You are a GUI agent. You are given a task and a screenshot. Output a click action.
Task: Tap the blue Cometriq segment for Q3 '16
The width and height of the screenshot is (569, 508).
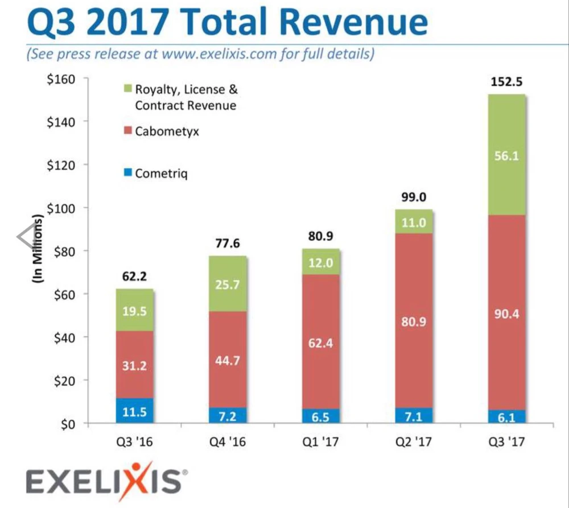pos(134,411)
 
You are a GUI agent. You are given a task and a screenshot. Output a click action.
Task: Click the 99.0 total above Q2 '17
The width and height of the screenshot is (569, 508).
pos(414,197)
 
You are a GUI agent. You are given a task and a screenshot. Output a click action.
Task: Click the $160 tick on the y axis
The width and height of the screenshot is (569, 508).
pos(60,79)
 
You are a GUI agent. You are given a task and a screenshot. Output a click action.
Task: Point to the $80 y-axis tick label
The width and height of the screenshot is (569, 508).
pos(63,251)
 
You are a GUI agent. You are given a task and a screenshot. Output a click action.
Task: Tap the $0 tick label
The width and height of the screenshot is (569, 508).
pos(67,424)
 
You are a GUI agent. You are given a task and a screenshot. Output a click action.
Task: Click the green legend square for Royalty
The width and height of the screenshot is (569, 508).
pos(127,89)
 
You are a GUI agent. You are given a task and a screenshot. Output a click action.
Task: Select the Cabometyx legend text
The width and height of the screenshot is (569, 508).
pos(167,131)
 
